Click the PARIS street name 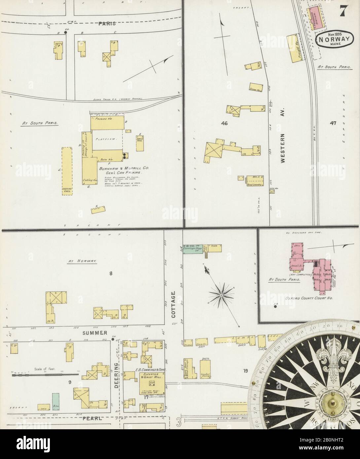107,23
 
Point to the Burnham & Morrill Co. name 122,168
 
